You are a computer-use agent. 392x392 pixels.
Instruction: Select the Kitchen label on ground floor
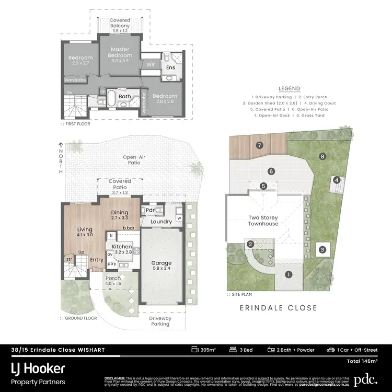click(x=122, y=246)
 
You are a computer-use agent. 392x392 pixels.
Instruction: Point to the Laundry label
click(x=162, y=222)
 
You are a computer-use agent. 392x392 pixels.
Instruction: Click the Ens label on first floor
click(x=170, y=67)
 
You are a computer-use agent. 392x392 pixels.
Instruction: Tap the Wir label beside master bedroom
click(x=149, y=64)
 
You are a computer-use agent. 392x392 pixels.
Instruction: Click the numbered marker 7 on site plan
click(x=258, y=145)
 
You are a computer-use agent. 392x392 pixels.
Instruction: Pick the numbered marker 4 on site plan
click(x=337, y=180)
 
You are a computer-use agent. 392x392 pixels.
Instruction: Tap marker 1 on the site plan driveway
click(x=288, y=274)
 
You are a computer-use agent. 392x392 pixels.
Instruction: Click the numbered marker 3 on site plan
click(x=323, y=250)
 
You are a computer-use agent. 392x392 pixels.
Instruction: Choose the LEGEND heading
click(x=289, y=89)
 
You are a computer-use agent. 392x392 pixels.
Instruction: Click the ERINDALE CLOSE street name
click(x=279, y=308)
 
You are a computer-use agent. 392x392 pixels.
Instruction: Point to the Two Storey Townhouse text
click(x=263, y=220)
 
